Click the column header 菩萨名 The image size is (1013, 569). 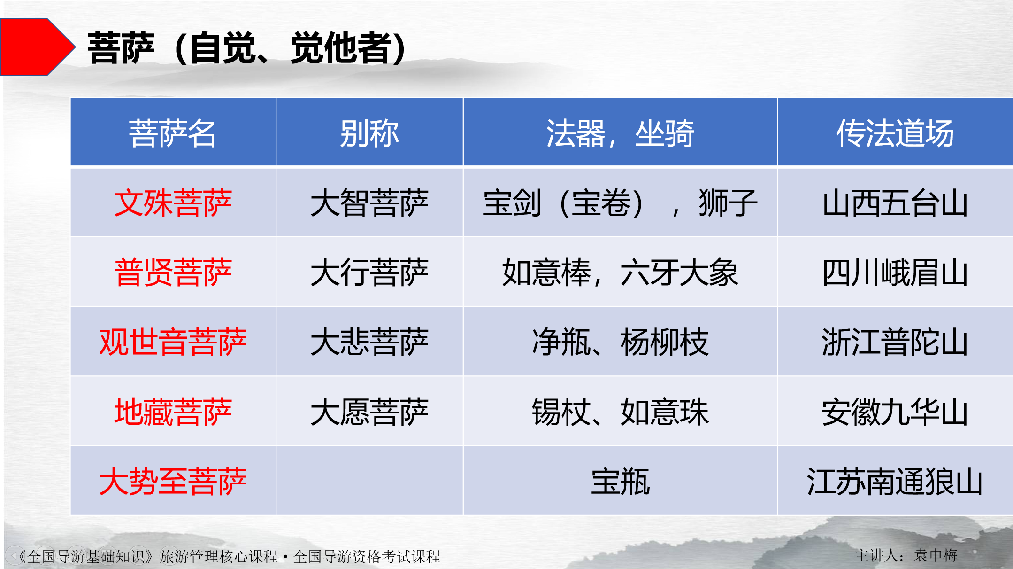pos(173,133)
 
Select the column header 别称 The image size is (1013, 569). pos(369,133)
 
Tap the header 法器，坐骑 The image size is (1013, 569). pos(620,133)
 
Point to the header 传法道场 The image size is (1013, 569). pos(895,133)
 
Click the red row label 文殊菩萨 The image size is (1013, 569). pos(173,203)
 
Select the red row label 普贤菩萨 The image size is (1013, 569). pos(173,273)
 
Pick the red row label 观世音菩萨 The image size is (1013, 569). pos(173,342)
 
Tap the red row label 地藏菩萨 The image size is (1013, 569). pos(173,412)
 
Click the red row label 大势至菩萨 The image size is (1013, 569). pos(173,482)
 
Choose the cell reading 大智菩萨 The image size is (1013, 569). pos(369,203)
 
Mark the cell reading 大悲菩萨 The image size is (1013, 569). pos(369,342)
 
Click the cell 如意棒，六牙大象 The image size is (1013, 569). pos(620,273)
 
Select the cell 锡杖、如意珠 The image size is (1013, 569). pos(620,412)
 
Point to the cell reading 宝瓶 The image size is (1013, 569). pos(620,482)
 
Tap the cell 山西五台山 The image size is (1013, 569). pos(895,203)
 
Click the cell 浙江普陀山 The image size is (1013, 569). pos(895,342)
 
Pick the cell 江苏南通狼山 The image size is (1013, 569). pos(895,482)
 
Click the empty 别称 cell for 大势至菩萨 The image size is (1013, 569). pos(369,481)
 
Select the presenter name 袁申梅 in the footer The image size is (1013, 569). pos(936,555)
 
